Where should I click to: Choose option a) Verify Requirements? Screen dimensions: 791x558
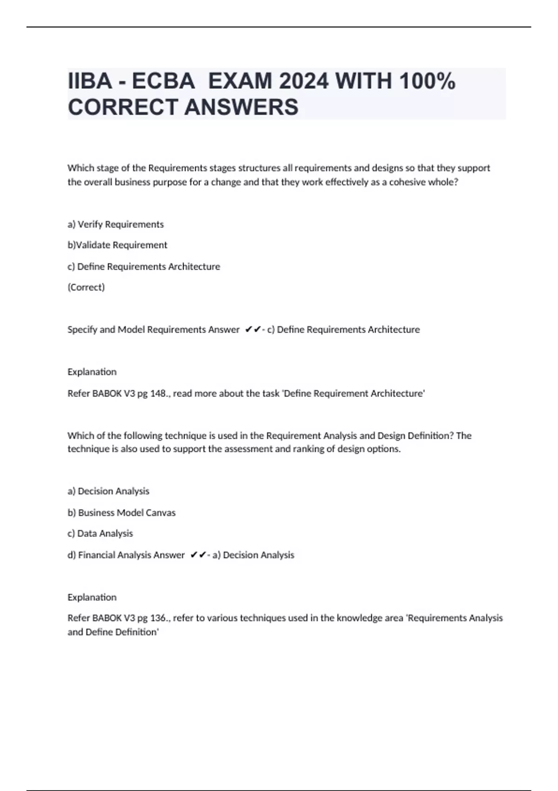[x=116, y=224]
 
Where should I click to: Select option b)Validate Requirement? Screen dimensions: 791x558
[x=117, y=245]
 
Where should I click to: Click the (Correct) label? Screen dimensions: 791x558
[x=86, y=287]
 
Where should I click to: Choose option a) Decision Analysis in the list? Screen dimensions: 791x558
[x=108, y=491]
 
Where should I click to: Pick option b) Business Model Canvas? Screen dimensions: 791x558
[x=121, y=512]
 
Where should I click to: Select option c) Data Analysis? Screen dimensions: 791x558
[x=100, y=533]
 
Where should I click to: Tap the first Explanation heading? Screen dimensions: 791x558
[x=92, y=372]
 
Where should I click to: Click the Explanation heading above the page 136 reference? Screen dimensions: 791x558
[x=92, y=597]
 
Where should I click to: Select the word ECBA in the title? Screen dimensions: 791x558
[x=163, y=81]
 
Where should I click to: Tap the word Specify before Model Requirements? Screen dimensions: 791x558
[x=82, y=329]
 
